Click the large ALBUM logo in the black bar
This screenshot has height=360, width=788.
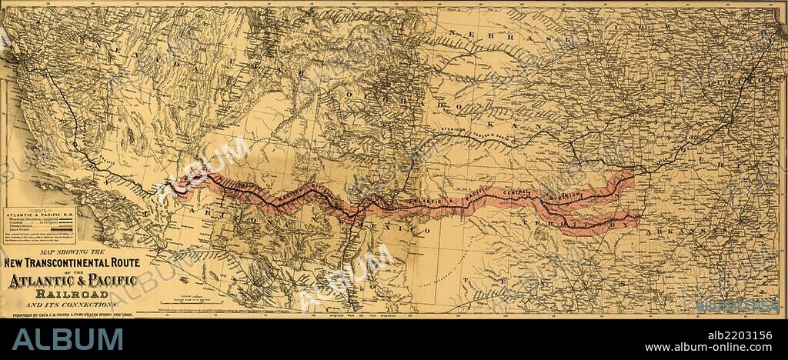(68, 339)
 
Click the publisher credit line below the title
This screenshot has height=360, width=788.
(68, 315)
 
